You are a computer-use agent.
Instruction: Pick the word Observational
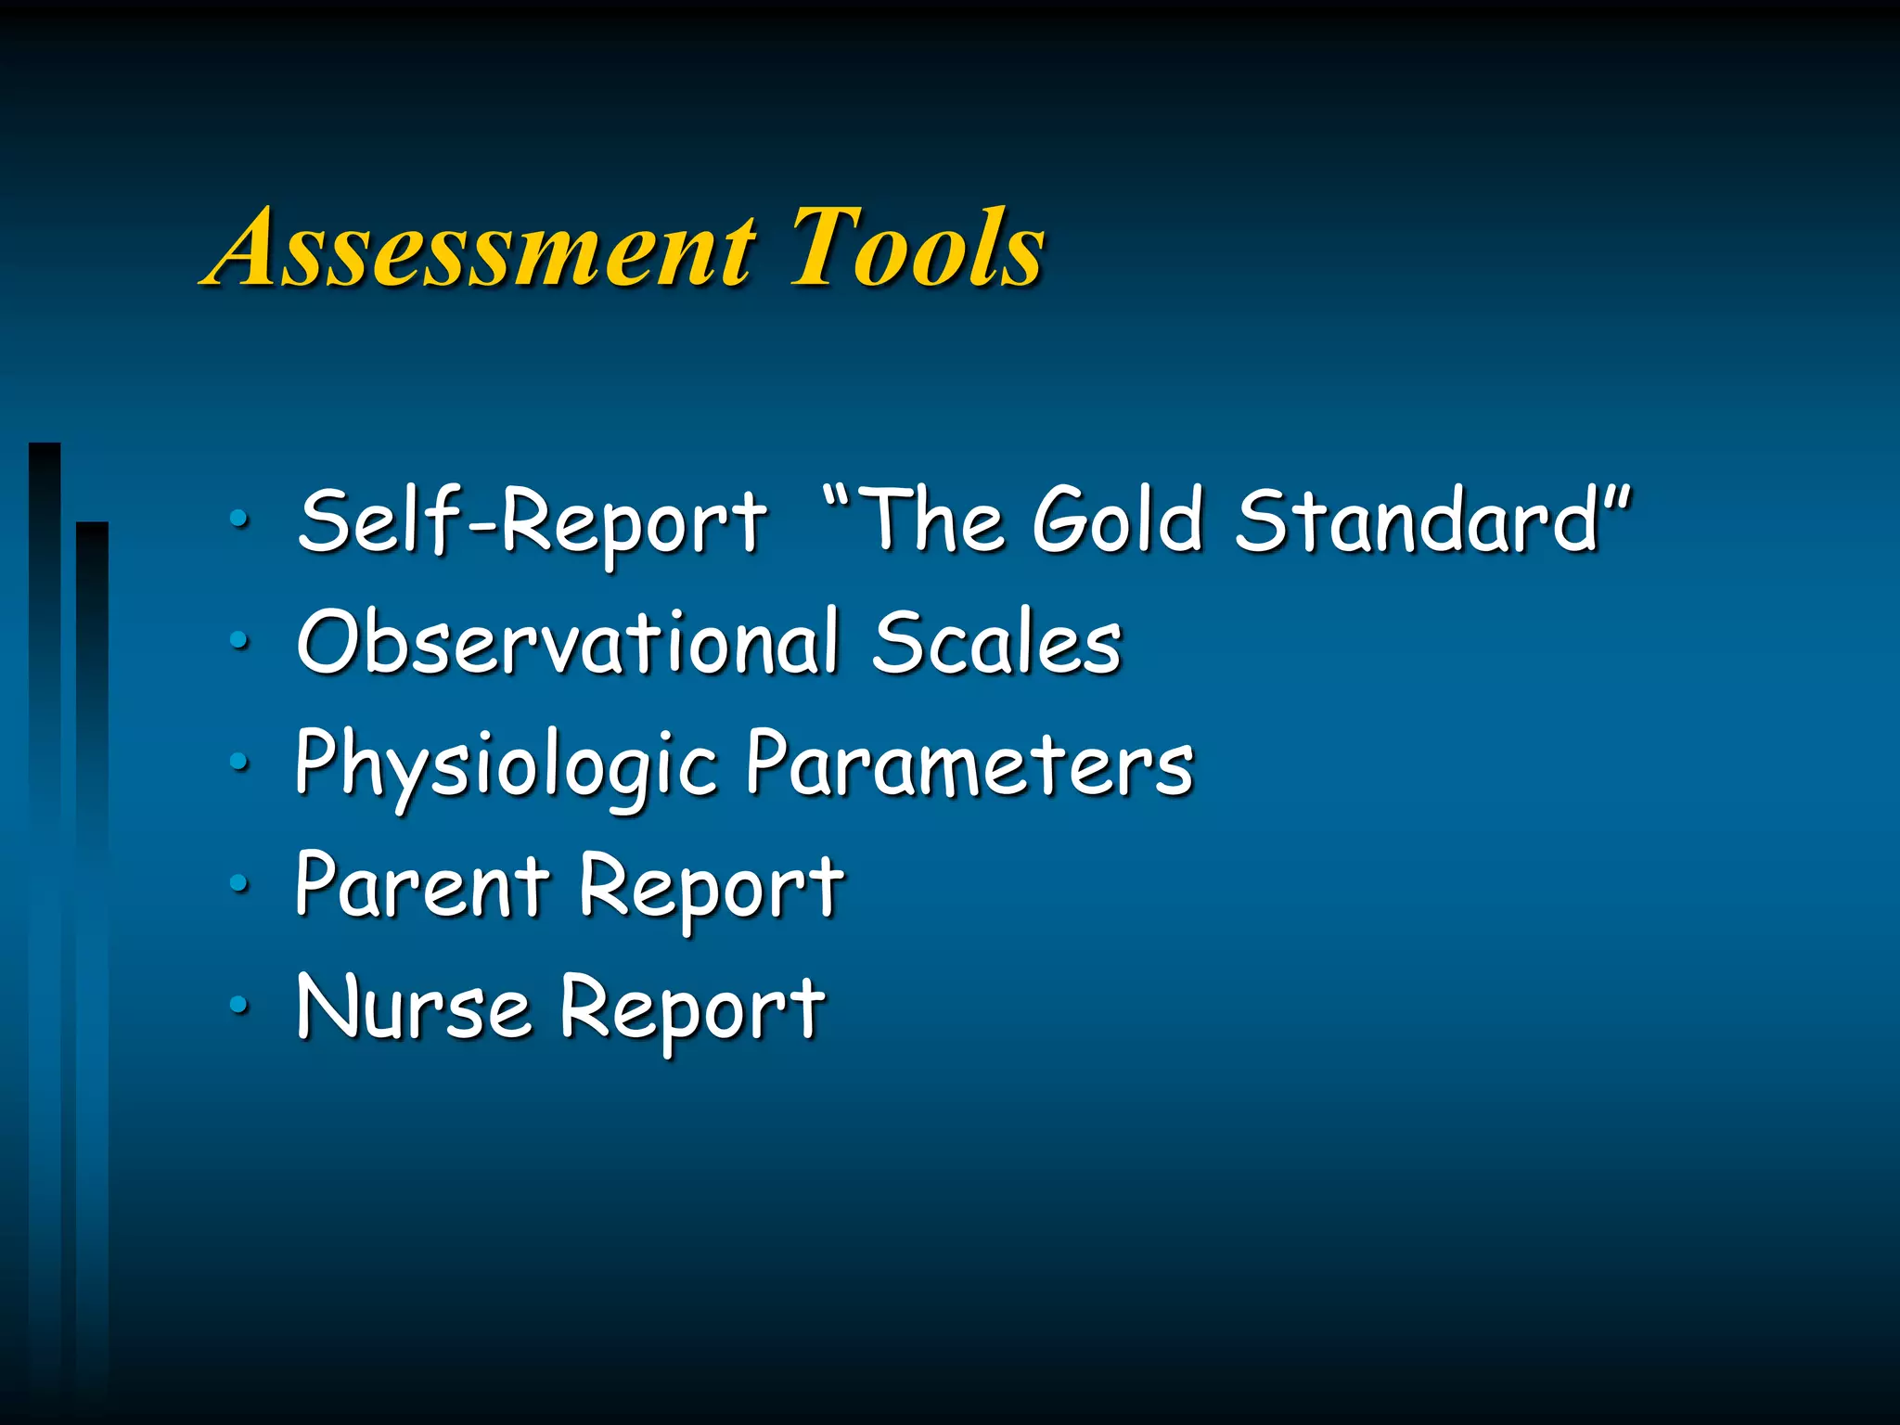click(x=569, y=642)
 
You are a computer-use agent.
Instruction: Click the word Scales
click(x=997, y=642)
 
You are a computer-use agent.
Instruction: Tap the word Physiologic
click(x=507, y=766)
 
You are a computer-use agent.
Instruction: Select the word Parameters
click(x=970, y=764)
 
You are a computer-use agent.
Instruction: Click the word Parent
click(x=423, y=886)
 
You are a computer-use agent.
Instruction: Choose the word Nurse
click(x=414, y=1008)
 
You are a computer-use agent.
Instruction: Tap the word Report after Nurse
click(x=692, y=1009)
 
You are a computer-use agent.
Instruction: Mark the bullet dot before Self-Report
click(x=239, y=520)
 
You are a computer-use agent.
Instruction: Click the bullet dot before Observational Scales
click(x=239, y=641)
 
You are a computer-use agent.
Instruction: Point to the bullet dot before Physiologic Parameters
click(x=239, y=763)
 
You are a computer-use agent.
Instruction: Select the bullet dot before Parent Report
click(x=239, y=884)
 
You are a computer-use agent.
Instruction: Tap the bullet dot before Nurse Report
click(x=239, y=1005)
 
